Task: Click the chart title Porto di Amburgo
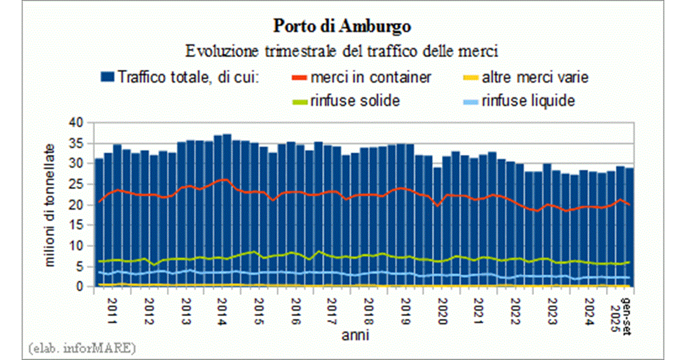[x=342, y=27]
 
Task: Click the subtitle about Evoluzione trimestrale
[x=342, y=51]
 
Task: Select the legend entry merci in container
[x=370, y=77]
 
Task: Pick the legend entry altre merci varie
[x=526, y=77]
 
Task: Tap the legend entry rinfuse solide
[x=354, y=101]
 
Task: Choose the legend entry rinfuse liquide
[x=527, y=101]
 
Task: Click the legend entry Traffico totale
[x=189, y=77]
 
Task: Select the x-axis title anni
[x=360, y=333]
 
